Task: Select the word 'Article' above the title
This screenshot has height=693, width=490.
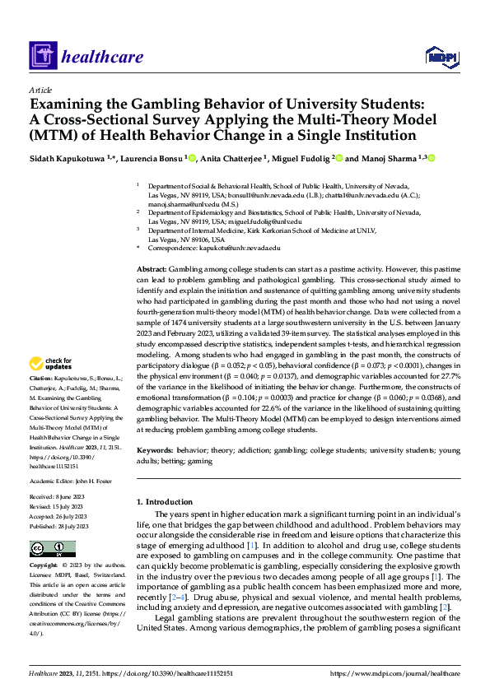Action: click(x=40, y=90)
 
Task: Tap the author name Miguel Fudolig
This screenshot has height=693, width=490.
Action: click(x=295, y=157)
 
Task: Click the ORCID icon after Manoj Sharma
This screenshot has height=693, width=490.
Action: click(x=430, y=157)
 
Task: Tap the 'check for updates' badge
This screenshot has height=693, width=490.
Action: click(x=52, y=364)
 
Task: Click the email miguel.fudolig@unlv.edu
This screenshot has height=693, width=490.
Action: click(x=266, y=221)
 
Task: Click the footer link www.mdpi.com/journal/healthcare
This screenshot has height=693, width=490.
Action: click(x=395, y=673)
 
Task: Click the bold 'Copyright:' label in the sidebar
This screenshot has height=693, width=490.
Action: click(x=45, y=566)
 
